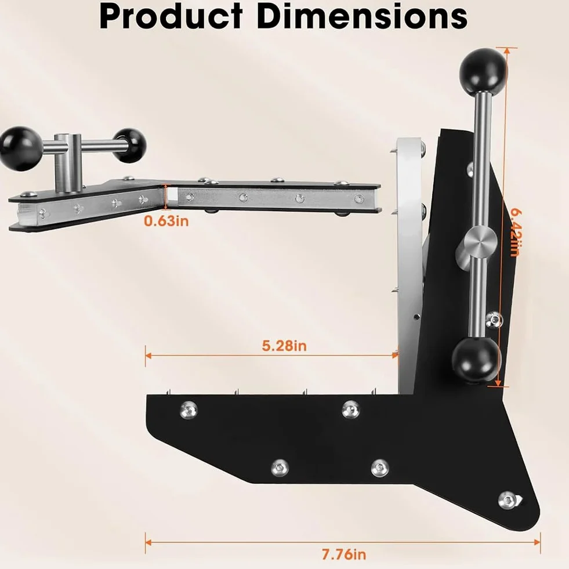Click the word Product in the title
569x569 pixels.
[x=171, y=16]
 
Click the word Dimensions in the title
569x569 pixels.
[x=363, y=16]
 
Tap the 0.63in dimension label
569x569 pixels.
[x=166, y=220]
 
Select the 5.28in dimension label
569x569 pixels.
[x=284, y=346]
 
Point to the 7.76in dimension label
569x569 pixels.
[x=343, y=554]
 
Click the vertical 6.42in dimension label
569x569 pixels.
[x=515, y=232]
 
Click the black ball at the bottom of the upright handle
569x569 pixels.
[x=476, y=358]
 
